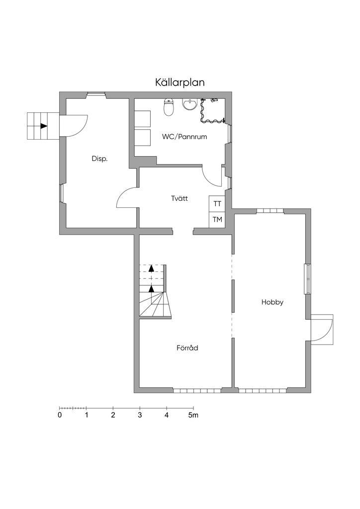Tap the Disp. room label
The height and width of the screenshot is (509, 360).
tap(99, 159)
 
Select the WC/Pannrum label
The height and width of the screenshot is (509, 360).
tap(184, 137)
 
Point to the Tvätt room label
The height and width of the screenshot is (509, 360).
tap(180, 198)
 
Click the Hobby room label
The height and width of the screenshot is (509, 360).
tap(272, 302)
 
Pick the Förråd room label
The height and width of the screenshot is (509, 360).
tap(187, 348)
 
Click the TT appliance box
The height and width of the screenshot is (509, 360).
tap(217, 203)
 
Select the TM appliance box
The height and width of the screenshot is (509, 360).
tap(217, 220)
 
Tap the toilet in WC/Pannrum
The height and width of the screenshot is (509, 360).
tap(169, 107)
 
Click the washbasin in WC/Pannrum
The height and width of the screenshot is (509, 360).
tap(189, 104)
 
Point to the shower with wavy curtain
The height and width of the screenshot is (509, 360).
tap(213, 111)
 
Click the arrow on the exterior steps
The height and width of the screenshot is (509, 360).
tap(44, 126)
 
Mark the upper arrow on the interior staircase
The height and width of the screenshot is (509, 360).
tap(151, 268)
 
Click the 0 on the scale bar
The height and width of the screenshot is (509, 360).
tap(60, 415)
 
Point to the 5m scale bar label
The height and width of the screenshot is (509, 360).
tap(193, 415)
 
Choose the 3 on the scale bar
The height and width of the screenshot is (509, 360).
tap(140, 415)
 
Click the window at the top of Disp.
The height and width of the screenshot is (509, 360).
tap(96, 95)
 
